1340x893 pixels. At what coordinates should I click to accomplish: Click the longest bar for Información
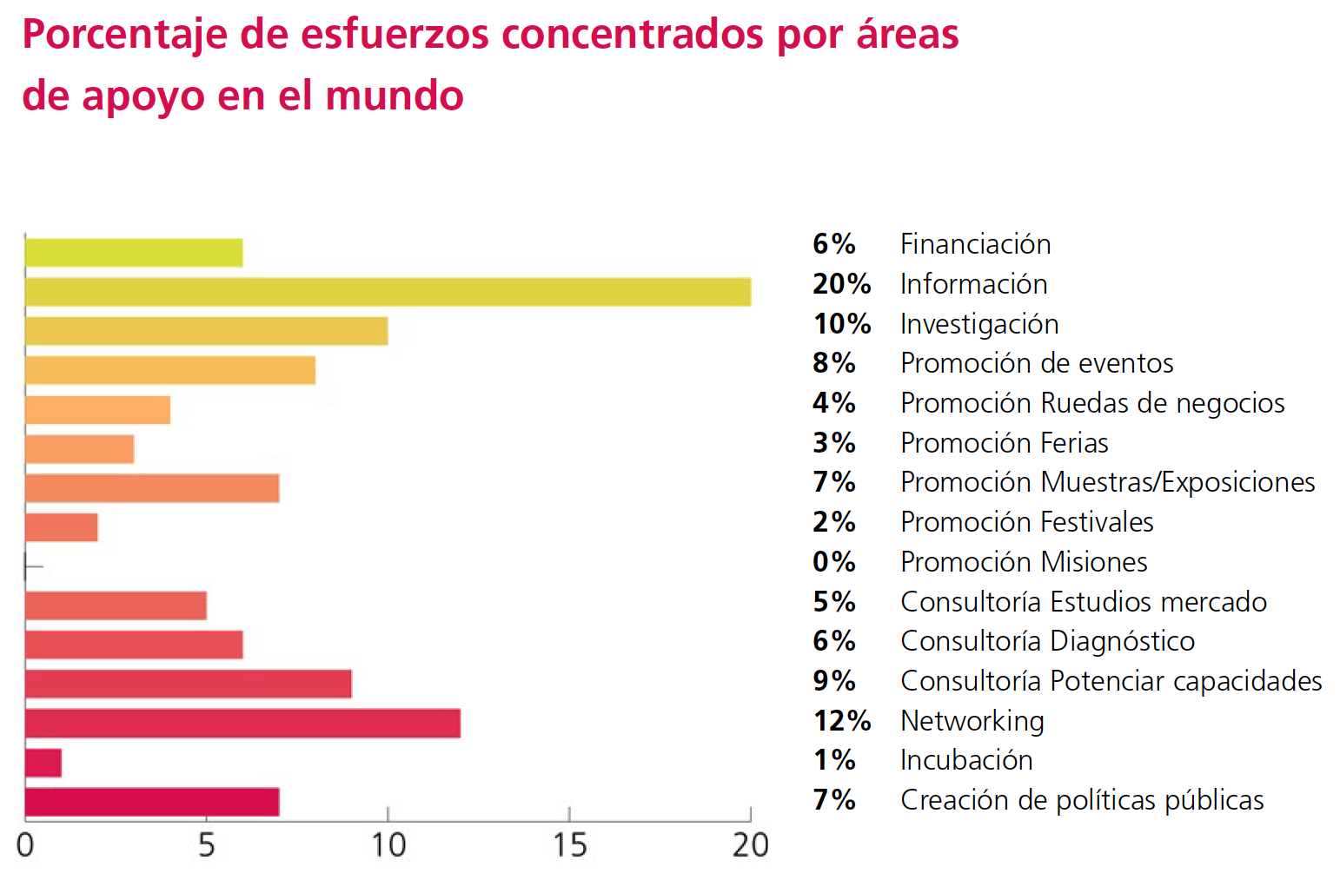click(388, 292)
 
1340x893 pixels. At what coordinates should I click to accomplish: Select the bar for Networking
click(242, 724)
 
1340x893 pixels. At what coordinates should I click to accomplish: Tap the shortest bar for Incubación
click(43, 763)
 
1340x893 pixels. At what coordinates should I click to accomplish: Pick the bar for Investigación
click(206, 331)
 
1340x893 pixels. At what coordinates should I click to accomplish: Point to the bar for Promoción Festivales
click(62, 527)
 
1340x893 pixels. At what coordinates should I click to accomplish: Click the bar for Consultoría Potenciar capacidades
click(188, 684)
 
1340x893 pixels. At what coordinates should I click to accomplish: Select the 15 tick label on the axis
click(569, 845)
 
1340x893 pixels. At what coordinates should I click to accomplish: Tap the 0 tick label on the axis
click(25, 845)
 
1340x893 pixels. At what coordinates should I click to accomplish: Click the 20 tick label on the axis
click(750, 845)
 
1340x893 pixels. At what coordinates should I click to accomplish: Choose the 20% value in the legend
click(841, 284)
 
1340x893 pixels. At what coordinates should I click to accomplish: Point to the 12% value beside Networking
click(841, 721)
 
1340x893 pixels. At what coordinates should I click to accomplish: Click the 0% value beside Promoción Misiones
click(834, 562)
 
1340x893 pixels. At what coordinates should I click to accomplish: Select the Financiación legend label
click(975, 244)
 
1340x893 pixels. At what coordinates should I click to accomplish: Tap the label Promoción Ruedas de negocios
click(1091, 403)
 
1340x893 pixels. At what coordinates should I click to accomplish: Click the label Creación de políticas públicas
click(1081, 800)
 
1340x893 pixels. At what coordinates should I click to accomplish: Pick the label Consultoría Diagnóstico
click(1047, 641)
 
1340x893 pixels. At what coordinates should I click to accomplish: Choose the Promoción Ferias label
click(1004, 443)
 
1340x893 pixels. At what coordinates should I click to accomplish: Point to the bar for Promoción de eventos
click(170, 370)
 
